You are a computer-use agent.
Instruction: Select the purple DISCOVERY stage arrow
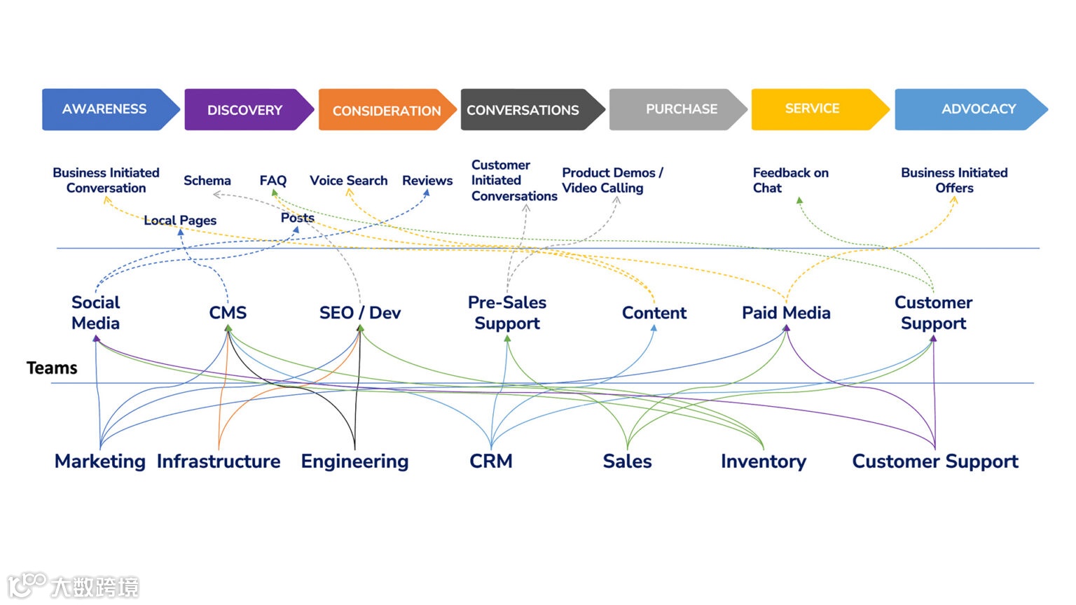pos(245,110)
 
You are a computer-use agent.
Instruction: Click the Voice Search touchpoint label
pos(348,181)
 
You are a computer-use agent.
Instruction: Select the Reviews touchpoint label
pos(427,181)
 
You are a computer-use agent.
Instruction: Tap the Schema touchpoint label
pos(207,181)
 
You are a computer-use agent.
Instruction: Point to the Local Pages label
pos(180,221)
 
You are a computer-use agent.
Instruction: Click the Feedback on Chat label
pos(790,180)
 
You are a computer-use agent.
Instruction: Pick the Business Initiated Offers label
pos(954,180)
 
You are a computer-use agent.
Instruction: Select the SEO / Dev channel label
pos(360,313)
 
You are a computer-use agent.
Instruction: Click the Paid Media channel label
pos(786,313)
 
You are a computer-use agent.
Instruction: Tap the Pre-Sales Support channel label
pos(507,312)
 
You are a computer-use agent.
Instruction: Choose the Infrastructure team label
pos(219,461)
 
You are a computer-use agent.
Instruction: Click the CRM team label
pos(491,461)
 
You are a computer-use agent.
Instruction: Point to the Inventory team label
pos(764,461)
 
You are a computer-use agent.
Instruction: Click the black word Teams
pos(52,368)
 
